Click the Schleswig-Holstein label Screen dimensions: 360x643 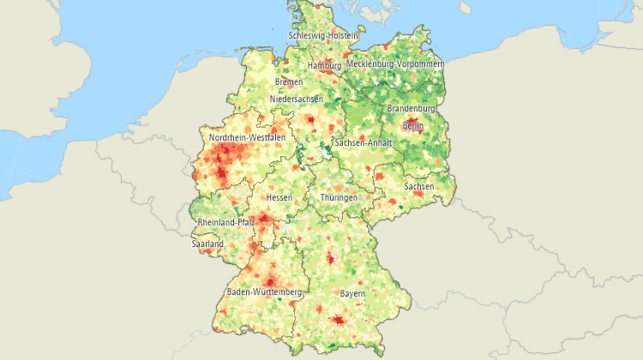(322, 35)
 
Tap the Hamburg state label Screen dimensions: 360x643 (324, 65)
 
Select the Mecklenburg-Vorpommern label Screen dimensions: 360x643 (395, 64)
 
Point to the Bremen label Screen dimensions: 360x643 (289, 82)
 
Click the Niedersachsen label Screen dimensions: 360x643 (297, 99)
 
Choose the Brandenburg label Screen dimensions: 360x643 (412, 110)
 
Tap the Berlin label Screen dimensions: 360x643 (413, 126)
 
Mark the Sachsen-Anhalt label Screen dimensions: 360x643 (364, 142)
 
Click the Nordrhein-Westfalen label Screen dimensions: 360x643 (248, 137)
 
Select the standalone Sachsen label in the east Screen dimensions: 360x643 (419, 186)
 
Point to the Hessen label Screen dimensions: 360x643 (279, 198)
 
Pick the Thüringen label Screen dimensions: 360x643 (339, 198)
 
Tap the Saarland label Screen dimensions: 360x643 (207, 244)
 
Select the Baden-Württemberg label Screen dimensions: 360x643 (264, 292)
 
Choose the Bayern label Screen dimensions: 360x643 (352, 293)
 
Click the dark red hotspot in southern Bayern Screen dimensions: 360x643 (338, 320)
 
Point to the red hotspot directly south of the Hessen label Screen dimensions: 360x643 (266, 220)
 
